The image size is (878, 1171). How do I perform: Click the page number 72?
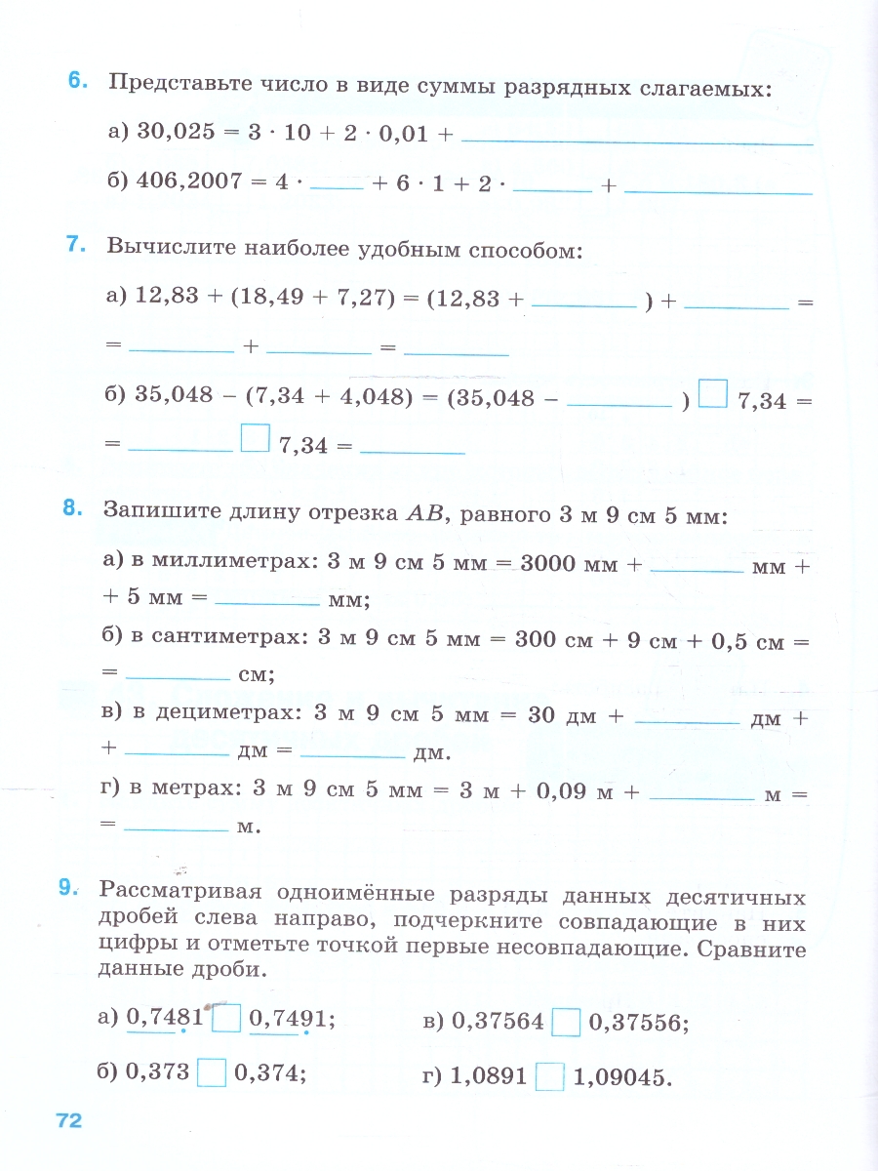click(68, 1120)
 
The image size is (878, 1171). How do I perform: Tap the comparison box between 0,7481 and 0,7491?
click(226, 1019)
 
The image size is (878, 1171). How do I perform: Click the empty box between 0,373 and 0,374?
click(212, 1073)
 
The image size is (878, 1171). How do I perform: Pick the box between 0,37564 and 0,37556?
click(566, 1023)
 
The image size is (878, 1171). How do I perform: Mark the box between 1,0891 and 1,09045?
click(550, 1077)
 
